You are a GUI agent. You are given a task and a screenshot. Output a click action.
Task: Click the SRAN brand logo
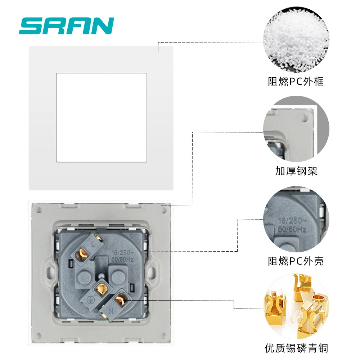pos(67,26)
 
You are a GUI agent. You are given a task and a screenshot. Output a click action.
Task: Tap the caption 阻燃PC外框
pos(296,81)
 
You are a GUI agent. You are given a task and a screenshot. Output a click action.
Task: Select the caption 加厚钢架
pos(296,171)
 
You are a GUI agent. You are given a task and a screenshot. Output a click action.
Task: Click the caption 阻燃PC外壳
pos(296,261)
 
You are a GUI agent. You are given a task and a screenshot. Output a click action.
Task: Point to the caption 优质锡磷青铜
pos(296,348)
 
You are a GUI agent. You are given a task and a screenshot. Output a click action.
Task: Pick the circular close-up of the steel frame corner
pos(296,129)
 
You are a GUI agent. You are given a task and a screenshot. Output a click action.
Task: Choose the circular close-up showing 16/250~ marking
pos(296,219)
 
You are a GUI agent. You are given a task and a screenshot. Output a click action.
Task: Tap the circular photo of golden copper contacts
pos(296,306)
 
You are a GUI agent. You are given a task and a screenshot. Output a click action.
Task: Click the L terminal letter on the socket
pos(93,244)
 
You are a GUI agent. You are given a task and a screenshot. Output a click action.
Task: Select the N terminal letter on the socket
pos(111,311)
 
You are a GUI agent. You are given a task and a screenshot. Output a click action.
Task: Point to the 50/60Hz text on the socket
pos(122,260)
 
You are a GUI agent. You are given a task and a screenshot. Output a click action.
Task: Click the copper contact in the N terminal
pos(120,300)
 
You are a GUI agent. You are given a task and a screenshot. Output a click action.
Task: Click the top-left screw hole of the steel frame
pos(39,210)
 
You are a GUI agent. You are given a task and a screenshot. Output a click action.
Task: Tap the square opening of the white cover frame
pos(102,118)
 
